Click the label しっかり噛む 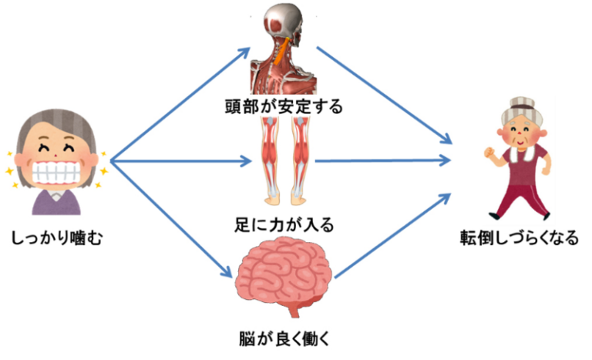(x=57, y=238)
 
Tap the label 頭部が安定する (x=284, y=106)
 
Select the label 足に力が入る (x=284, y=225)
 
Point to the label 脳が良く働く (x=284, y=339)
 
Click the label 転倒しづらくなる (x=519, y=238)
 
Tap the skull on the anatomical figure (x=284, y=25)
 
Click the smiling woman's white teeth (x=57, y=173)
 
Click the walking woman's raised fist (x=490, y=153)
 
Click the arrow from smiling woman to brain (x=171, y=219)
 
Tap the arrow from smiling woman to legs (x=180, y=161)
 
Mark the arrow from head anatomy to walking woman (x=385, y=95)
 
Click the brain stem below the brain (x=294, y=311)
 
